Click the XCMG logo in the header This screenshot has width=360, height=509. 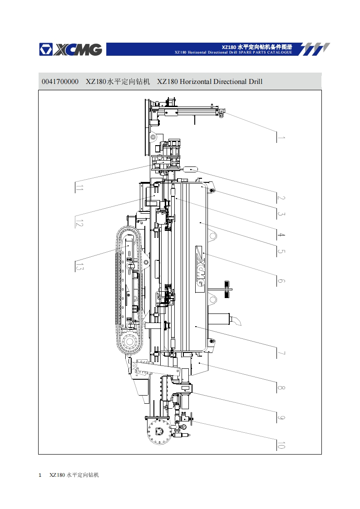[70, 49]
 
